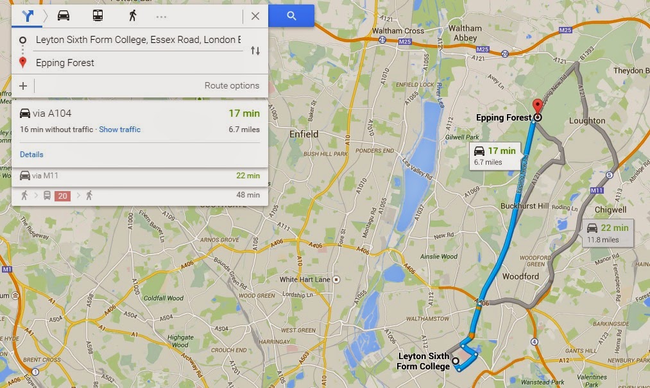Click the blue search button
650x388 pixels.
[291, 16]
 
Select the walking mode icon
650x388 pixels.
[133, 16]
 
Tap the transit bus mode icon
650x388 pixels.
[98, 16]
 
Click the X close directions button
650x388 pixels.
[255, 16]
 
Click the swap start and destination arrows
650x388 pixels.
[255, 51]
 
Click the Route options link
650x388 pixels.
[232, 85]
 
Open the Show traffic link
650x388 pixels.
[119, 130]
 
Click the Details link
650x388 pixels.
[31, 155]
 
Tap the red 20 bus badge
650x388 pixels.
[62, 196]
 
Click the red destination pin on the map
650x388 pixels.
[537, 106]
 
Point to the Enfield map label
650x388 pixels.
[304, 134]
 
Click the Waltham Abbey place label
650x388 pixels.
[465, 33]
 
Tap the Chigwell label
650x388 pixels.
[610, 210]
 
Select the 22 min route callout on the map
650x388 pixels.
[607, 233]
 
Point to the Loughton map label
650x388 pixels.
[586, 121]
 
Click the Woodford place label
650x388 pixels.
[520, 276]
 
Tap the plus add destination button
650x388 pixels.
[23, 85]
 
